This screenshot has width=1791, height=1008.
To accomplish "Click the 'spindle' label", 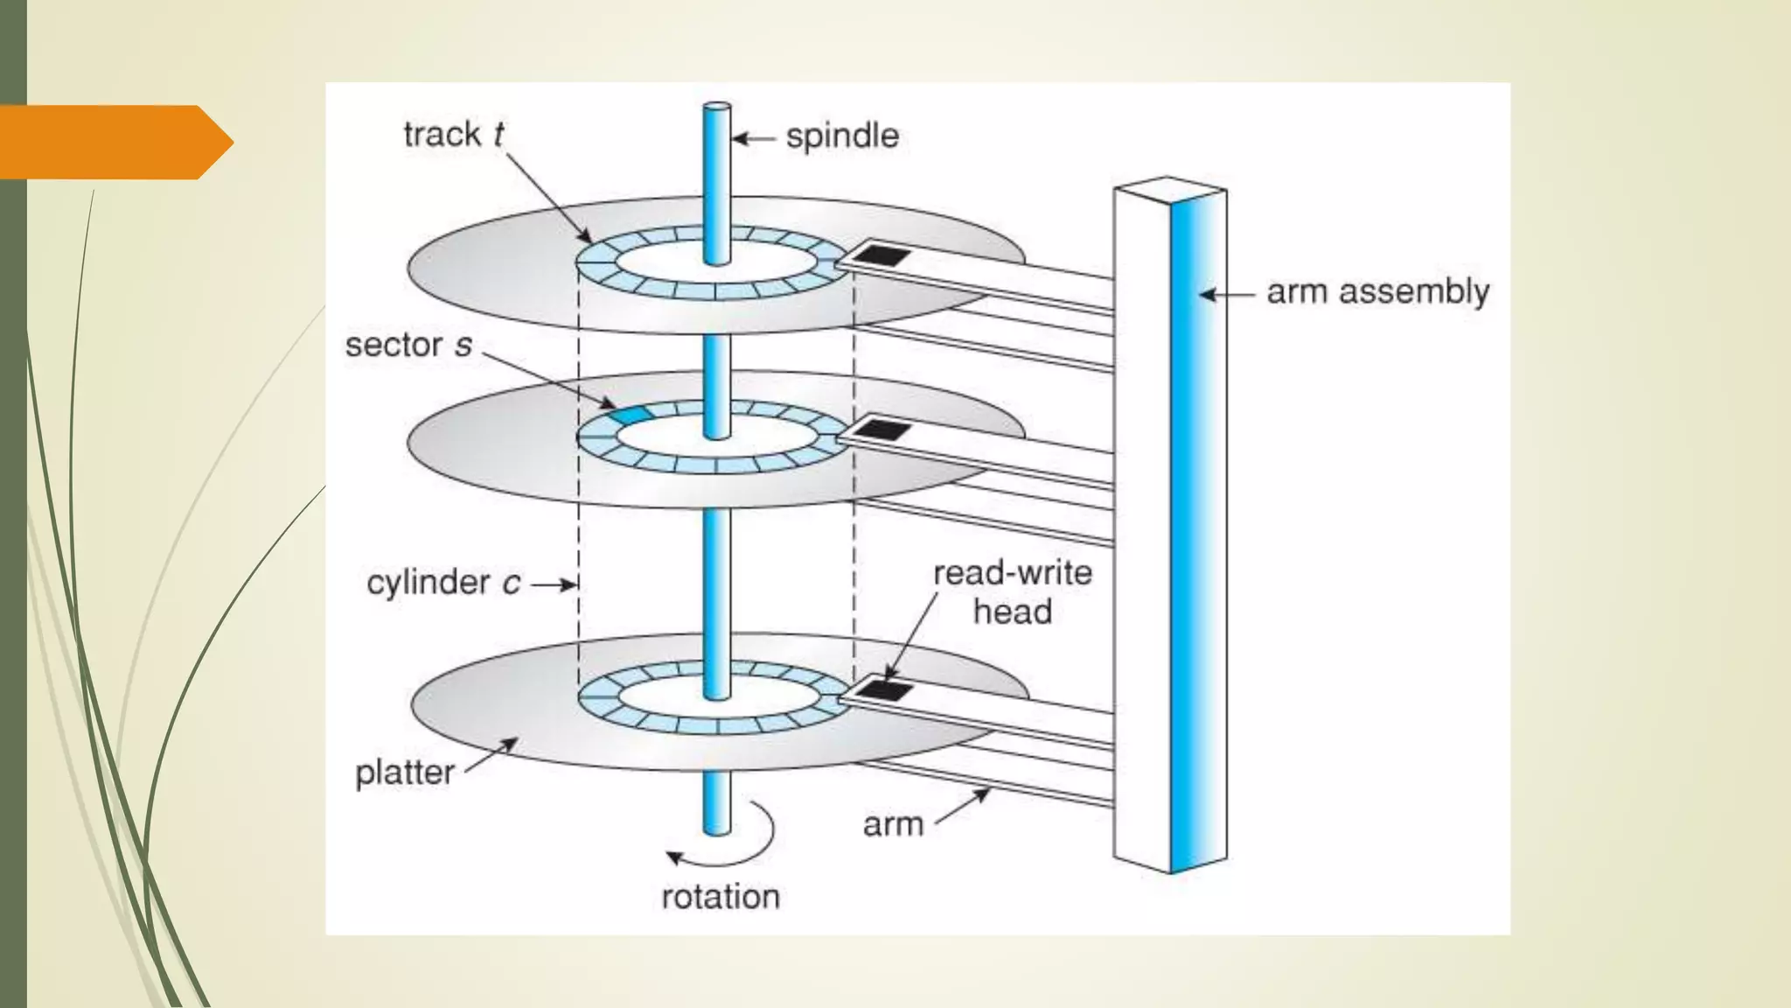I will click(x=841, y=136).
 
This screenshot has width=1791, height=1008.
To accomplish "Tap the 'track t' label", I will click(x=453, y=135).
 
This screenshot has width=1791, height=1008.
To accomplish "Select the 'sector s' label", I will click(x=408, y=345).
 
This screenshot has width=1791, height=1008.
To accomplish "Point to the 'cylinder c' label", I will click(x=443, y=583).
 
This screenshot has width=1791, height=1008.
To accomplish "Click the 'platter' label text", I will click(x=404, y=773).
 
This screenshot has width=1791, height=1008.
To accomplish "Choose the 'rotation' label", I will click(x=720, y=897).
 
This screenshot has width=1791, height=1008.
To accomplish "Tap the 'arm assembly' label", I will click(x=1377, y=292).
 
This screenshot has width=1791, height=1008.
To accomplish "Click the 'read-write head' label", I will click(x=1013, y=592).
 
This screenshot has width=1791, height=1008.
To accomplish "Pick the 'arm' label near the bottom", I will click(x=893, y=824).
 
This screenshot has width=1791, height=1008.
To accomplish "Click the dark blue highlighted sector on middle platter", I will click(x=631, y=414).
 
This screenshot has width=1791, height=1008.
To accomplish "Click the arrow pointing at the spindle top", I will click(x=753, y=138).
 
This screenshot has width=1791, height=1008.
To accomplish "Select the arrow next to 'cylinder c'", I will click(x=554, y=584).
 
